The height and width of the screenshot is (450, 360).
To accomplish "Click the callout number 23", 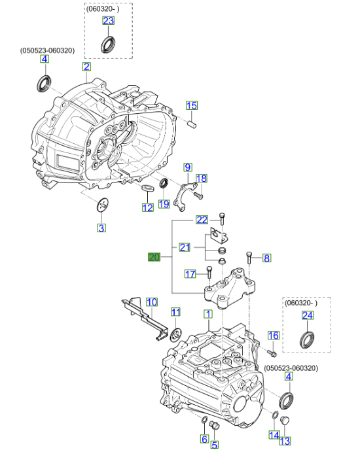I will point(107,22).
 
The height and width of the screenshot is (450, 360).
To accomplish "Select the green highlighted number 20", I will point(154,257).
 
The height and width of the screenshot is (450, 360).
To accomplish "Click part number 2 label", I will point(86,67).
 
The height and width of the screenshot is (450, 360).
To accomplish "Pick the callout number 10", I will point(151,302).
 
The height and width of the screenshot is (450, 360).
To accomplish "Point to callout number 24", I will point(307,316).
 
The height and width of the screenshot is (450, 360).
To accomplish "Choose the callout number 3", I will point(101,228).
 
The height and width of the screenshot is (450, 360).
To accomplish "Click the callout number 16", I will point(274,336).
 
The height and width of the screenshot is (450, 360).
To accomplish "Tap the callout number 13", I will point(285,441).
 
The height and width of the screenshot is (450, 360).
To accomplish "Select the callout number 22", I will point(202,219).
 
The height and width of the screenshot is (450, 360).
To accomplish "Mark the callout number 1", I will point(207,315).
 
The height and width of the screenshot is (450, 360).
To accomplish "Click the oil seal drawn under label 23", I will point(107,45).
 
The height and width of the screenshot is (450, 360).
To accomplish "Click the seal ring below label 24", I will point(306,340).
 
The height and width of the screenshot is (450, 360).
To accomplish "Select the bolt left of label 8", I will point(249,257).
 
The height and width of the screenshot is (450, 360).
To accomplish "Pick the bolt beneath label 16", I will point(269,353).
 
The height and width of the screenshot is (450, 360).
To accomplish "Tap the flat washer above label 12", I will point(148,190).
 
